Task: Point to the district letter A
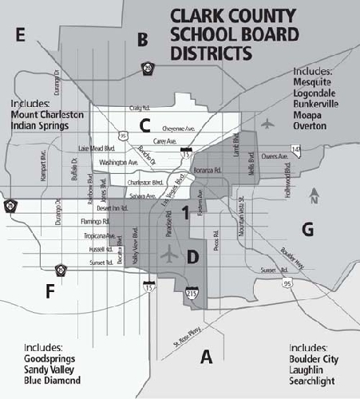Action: click(x=206, y=357)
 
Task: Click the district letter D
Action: click(x=193, y=258)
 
